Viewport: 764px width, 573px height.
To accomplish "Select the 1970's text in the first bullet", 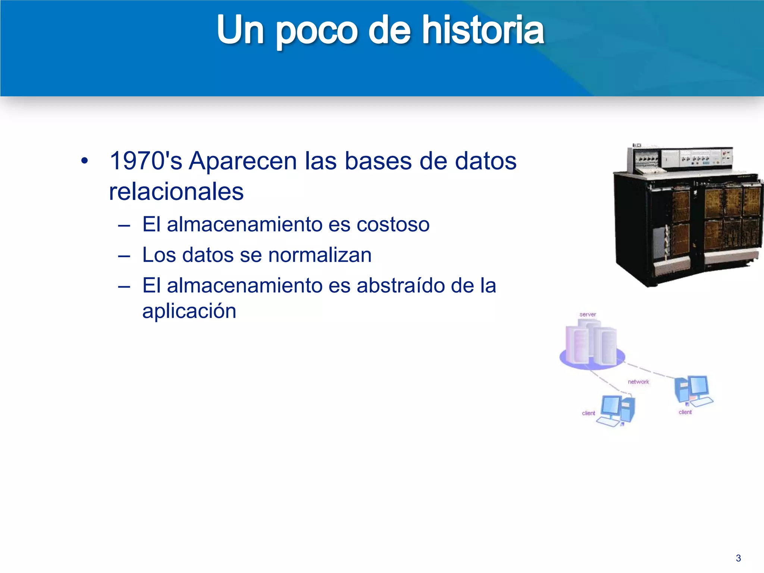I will pos(146,161).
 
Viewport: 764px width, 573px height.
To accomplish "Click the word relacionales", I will pos(176,192).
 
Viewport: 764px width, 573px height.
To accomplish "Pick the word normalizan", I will pos(320,255).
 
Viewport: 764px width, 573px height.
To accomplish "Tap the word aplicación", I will pos(189,311).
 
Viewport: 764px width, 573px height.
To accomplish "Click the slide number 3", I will pos(738,558).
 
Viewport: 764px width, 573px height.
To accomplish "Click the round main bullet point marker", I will pos(85,161).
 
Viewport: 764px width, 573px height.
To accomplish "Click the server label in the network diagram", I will pos(588,314).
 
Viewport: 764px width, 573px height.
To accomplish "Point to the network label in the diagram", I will pos(638,382).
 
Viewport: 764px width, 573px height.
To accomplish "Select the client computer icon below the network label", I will pos(616,410).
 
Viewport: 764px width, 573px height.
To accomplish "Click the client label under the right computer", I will pos(685,412).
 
